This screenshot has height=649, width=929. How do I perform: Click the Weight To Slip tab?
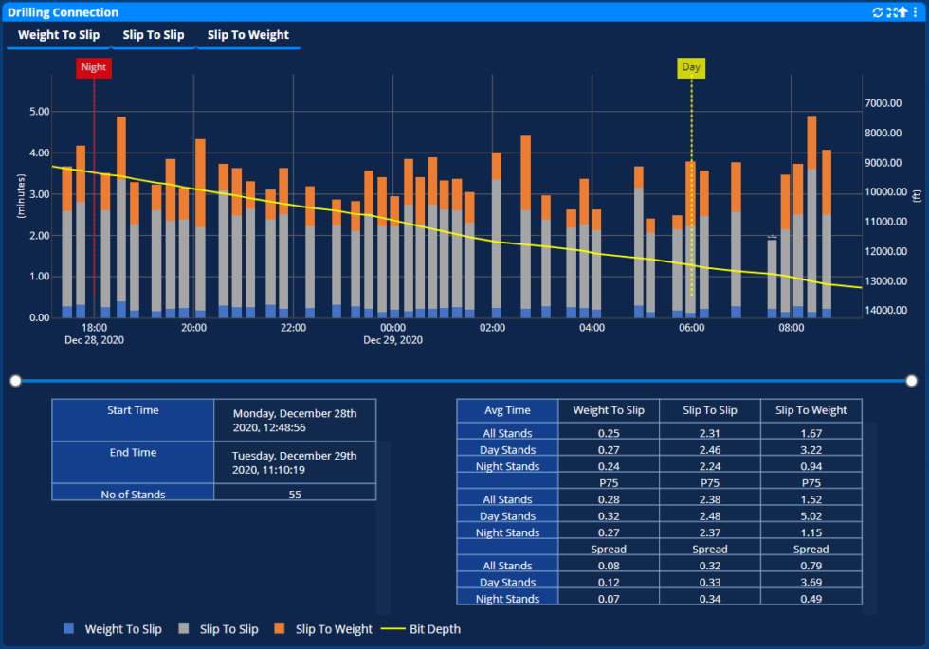click(58, 35)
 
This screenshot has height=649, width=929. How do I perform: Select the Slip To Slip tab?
click(154, 35)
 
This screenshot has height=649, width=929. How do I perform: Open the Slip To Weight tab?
click(247, 35)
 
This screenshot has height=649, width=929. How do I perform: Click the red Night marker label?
click(94, 67)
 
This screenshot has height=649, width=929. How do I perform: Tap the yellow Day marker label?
click(691, 67)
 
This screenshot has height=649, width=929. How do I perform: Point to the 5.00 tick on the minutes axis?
click(39, 112)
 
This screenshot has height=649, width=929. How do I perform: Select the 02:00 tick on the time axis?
click(492, 328)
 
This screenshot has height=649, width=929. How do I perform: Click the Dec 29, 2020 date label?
click(392, 339)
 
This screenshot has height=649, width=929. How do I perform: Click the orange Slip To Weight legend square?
click(280, 629)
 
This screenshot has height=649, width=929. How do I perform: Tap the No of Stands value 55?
click(295, 494)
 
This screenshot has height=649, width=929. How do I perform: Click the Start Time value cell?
click(295, 421)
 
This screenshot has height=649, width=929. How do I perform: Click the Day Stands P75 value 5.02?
click(811, 516)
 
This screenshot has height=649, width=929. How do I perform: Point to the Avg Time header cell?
click(507, 410)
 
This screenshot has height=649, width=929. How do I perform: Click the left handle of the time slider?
click(15, 381)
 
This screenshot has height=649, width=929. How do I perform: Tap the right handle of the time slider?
click(912, 381)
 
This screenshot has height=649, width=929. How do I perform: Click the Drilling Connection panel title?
click(64, 12)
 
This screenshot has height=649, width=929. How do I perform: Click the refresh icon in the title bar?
click(878, 12)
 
